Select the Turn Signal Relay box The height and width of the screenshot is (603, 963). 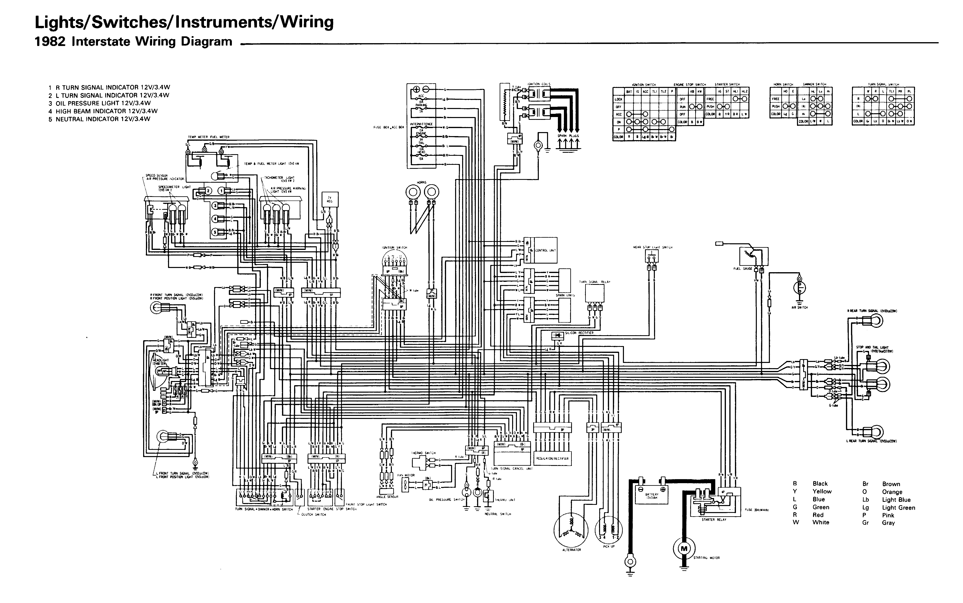coord(595,293)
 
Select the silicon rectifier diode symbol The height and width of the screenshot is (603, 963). coord(557,335)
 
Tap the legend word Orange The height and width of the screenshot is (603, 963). coord(892,492)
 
